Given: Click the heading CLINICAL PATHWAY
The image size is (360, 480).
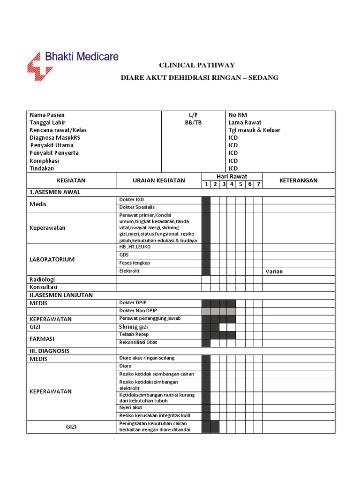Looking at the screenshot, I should pyautogui.click(x=197, y=66).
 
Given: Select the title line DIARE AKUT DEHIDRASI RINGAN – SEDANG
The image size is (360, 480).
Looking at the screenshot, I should pyautogui.click(x=199, y=77).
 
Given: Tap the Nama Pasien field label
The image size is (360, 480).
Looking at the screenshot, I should pyautogui.click(x=47, y=115).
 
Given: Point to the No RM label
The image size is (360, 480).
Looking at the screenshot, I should pyautogui.click(x=237, y=115).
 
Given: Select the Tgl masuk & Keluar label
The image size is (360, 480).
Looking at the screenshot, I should pyautogui.click(x=254, y=130).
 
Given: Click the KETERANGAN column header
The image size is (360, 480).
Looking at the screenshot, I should pyautogui.click(x=298, y=180).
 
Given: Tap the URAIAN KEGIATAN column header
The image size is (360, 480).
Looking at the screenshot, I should pyautogui.click(x=158, y=180).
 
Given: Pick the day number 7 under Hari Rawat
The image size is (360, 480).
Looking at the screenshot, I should pyautogui.click(x=258, y=184).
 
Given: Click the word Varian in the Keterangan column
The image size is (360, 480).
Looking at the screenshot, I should pyautogui.click(x=274, y=271).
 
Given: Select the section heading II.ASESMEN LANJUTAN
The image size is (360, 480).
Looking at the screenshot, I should pyautogui.click(x=61, y=295).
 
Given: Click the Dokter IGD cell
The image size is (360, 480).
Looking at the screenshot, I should pyautogui.click(x=132, y=200).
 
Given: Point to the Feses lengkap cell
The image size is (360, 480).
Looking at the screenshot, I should pyautogui.click(x=135, y=263).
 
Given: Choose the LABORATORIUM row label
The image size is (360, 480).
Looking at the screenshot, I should pyautogui.click(x=52, y=259).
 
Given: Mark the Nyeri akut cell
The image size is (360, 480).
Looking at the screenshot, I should pyautogui.click(x=131, y=407).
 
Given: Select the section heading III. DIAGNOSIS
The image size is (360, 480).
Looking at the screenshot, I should pyautogui.click(x=50, y=351).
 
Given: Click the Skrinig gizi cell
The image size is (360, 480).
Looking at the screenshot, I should pyautogui.click(x=134, y=327).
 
